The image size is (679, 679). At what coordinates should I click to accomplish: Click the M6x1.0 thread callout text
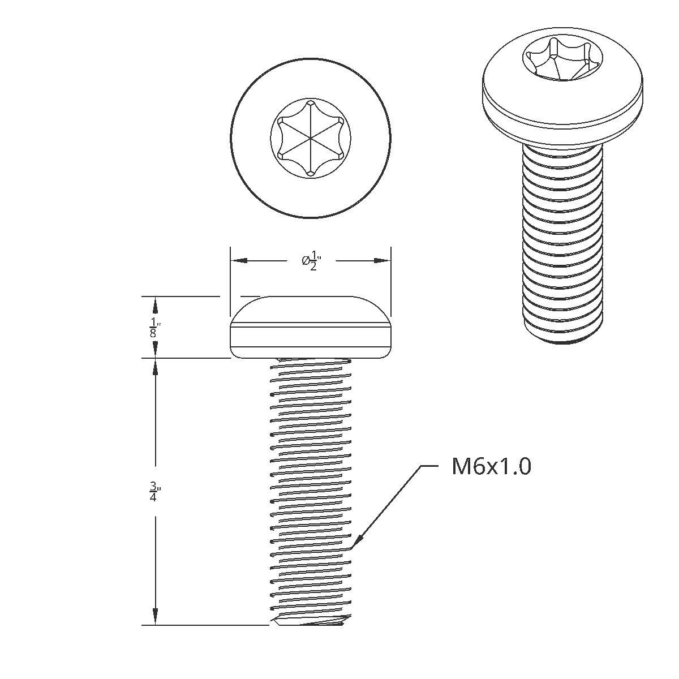click(491, 467)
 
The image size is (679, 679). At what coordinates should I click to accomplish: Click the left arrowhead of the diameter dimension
click(238, 261)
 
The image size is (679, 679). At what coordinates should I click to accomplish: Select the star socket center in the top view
click(311, 137)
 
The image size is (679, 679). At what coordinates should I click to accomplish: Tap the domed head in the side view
click(311, 311)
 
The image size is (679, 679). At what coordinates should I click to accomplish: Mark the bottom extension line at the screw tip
click(204, 625)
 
